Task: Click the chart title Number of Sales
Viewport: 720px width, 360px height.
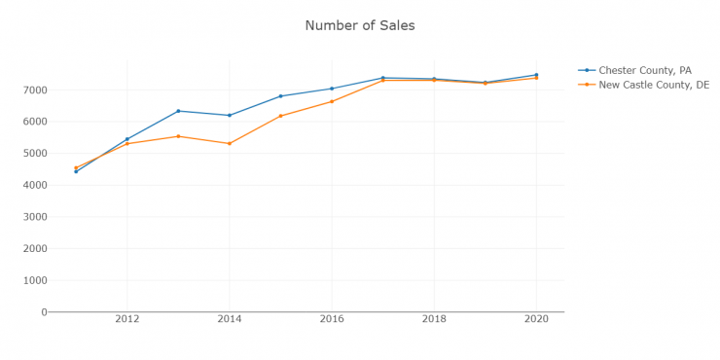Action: tap(360, 25)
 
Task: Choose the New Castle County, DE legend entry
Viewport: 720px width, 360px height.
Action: tap(654, 85)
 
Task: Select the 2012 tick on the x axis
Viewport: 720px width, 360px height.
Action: tap(126, 319)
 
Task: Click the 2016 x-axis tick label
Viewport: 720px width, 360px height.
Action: tap(331, 319)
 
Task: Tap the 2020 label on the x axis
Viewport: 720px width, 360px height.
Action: tap(535, 319)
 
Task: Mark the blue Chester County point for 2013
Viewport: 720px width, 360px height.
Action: tap(178, 111)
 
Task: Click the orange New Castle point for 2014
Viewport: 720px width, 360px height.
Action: tap(229, 143)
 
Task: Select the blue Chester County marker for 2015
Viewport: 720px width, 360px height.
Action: tap(280, 96)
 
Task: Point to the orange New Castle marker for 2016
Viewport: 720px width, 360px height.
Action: tap(331, 101)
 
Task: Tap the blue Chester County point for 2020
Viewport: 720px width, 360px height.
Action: tap(535, 75)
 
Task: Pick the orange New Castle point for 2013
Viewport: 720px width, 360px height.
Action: tap(178, 136)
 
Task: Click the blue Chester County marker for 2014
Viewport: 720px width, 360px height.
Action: tap(229, 115)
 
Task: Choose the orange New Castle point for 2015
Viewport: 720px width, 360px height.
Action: tap(280, 116)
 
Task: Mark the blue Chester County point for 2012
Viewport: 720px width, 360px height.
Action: tap(126, 139)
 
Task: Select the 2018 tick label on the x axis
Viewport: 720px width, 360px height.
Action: tap(433, 319)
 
